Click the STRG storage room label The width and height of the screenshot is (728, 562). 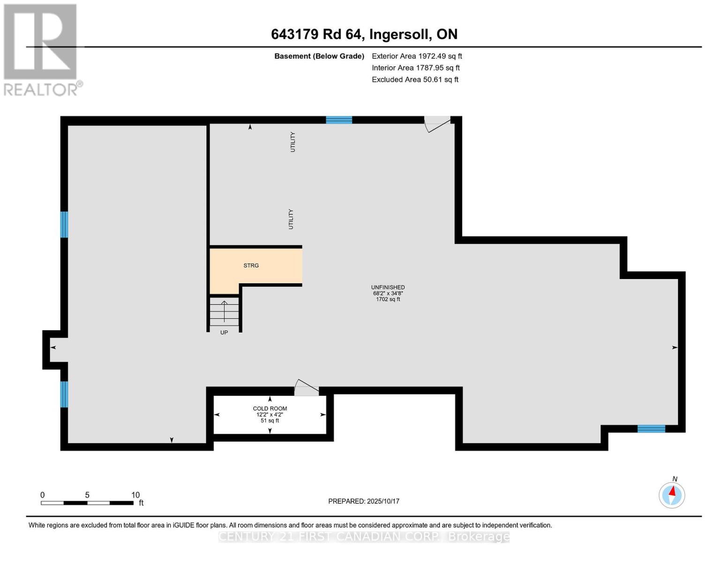(251, 266)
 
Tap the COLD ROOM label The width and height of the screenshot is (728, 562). (270, 408)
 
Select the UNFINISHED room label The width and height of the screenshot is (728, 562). (388, 287)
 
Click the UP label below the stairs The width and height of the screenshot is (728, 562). (224, 333)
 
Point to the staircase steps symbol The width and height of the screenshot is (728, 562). (224, 312)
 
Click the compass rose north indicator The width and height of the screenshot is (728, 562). (672, 495)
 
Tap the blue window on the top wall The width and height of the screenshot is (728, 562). (339, 120)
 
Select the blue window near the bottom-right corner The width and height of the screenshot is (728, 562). (651, 429)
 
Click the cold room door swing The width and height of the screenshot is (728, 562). (306, 388)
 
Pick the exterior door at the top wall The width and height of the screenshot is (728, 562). (437, 124)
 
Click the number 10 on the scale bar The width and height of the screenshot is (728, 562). (135, 495)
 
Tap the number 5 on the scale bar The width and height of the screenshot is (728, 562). (87, 495)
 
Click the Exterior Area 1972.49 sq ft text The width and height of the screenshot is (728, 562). (417, 56)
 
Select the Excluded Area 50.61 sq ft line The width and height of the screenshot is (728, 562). (415, 80)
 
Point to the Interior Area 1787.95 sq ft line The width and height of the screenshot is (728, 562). (416, 68)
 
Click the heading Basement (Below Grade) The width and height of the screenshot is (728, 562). (319, 56)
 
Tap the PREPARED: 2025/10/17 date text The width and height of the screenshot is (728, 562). (363, 502)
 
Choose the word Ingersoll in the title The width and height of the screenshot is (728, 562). (400, 35)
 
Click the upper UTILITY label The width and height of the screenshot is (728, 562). (293, 142)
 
